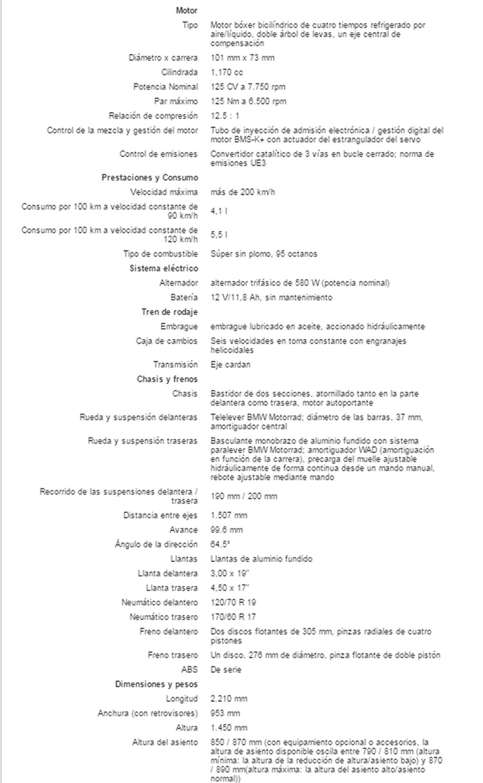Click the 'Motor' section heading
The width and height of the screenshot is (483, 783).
186,10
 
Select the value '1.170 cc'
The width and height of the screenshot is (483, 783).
227,72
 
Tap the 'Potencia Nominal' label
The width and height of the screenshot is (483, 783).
165,87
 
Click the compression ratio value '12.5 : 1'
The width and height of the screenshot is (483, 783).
225,116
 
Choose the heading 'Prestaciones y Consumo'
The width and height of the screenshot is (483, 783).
149,178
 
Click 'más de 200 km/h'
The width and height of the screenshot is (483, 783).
242,192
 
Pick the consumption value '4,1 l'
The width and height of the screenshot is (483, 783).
219,211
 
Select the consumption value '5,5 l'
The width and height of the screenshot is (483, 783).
219,235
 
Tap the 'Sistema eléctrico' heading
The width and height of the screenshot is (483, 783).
163,268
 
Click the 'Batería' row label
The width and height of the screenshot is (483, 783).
184,297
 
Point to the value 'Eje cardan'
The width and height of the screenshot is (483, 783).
230,365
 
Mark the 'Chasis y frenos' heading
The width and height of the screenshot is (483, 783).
167,379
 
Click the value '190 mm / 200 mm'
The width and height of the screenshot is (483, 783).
244,496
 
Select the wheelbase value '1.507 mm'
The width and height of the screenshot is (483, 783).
229,515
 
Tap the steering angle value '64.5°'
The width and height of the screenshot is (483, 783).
220,544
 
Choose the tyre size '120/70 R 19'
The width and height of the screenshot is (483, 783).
233,602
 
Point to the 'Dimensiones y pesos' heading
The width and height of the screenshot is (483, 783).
156,684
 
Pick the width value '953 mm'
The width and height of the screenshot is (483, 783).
225,713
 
